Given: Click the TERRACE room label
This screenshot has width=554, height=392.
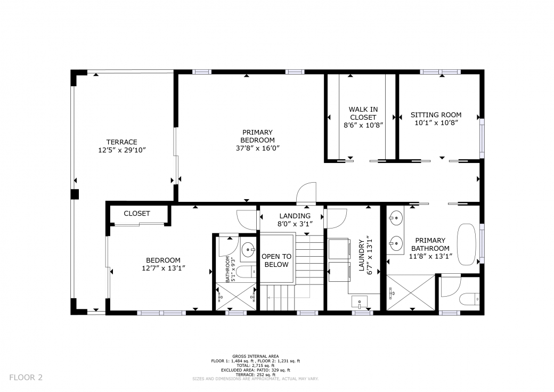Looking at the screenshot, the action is coord(122,142).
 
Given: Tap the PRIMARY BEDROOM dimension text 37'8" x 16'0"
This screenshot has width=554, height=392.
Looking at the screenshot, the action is coord(258,148).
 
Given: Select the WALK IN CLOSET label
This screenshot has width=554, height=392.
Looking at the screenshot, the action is coord(363,113).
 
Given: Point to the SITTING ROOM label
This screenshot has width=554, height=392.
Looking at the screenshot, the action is coord(436,115).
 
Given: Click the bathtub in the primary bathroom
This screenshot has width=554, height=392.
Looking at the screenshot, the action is coord(467,244).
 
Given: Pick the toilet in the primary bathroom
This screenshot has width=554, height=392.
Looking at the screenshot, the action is coord(469,299).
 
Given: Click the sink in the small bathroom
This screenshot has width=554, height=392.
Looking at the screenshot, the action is coord(249,250).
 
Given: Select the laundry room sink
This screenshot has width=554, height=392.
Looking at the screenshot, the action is coord(360,303).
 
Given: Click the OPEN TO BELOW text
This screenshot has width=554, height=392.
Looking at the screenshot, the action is coord(276,260).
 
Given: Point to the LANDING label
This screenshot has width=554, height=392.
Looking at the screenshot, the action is coord(295,216).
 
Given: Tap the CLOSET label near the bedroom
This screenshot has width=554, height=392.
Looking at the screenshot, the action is coord(137,213).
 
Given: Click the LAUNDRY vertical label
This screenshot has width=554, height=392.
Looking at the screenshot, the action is coord(362,255).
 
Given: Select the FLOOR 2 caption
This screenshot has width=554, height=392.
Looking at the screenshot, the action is coord(26,378).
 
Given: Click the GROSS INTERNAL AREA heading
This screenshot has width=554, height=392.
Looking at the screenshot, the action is coord(256,356).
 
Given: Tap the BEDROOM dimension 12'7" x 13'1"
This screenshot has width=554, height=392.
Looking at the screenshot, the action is coord(164,268).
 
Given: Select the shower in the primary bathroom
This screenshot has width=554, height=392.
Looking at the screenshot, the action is coord(411,293).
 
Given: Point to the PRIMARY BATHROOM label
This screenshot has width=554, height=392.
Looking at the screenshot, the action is coord(430,244).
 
